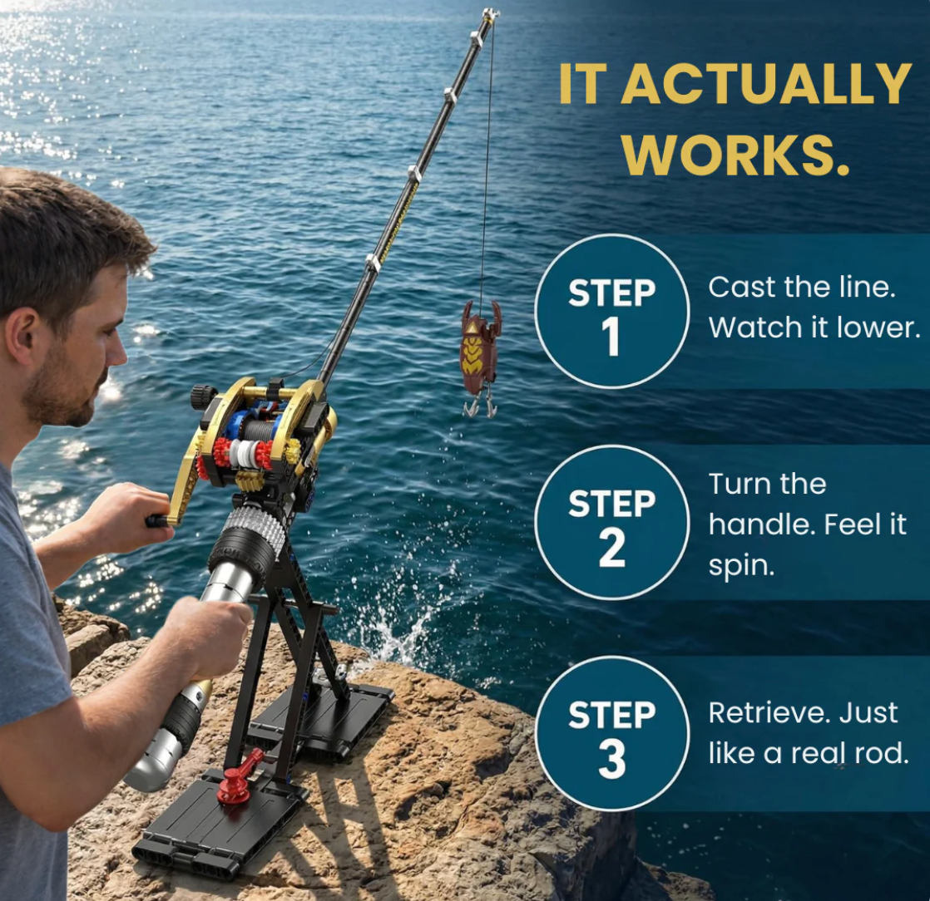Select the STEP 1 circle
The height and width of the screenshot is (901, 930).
(611, 311)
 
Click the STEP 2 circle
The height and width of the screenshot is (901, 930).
(611, 522)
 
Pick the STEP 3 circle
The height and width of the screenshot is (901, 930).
(611, 733)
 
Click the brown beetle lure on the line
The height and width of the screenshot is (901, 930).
(481, 348)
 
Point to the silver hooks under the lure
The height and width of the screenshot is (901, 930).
(481, 406)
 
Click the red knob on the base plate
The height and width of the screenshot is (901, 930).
(235, 781)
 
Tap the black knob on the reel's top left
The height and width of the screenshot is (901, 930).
(202, 396)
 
